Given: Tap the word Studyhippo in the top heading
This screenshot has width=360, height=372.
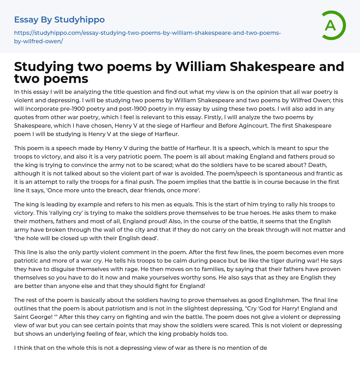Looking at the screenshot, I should pyautogui.click(x=79, y=20).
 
